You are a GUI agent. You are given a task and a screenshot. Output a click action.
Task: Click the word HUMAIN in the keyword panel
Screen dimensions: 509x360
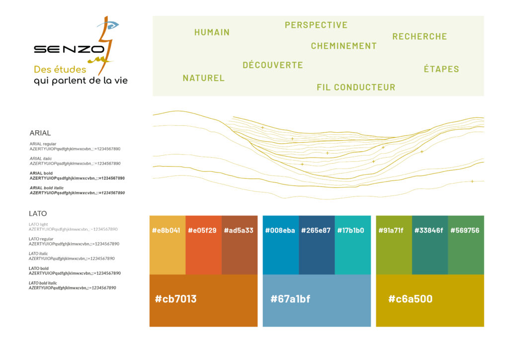pyautogui.click(x=212, y=32)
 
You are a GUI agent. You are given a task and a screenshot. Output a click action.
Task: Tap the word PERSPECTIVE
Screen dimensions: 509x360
pyautogui.click(x=316, y=25)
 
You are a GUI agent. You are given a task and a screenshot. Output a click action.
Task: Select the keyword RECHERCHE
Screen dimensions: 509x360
pyautogui.click(x=420, y=36)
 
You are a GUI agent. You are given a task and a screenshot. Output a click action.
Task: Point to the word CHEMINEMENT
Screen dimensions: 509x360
pyautogui.click(x=344, y=46)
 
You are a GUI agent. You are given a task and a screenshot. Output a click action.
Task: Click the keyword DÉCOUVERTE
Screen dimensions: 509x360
pyautogui.click(x=273, y=65)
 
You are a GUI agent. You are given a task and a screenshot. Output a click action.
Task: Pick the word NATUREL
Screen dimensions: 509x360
pyautogui.click(x=203, y=78)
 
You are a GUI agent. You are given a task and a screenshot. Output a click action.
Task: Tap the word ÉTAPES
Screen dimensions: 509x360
pyautogui.click(x=441, y=69)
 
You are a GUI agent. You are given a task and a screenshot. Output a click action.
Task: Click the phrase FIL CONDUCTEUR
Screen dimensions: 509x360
pyautogui.click(x=356, y=87)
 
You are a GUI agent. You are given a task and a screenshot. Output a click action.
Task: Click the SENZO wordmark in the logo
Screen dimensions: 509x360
pyautogui.click(x=69, y=49)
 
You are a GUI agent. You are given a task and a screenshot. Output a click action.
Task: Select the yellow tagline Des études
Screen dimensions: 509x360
pyautogui.click(x=60, y=69)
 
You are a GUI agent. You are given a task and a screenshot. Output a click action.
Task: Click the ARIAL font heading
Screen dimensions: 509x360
pyautogui.click(x=40, y=133)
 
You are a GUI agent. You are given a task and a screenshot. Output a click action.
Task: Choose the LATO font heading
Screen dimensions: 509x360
pyautogui.click(x=38, y=213)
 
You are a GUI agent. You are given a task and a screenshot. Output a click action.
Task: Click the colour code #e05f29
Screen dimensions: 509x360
pyautogui.click(x=202, y=230)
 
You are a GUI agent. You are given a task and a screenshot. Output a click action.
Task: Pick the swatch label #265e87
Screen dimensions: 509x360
pyautogui.click(x=316, y=230)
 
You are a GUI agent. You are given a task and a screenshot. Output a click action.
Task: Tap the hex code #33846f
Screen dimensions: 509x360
pyautogui.click(x=429, y=230)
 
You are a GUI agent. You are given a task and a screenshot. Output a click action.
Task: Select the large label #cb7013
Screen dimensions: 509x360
pyautogui.click(x=175, y=299)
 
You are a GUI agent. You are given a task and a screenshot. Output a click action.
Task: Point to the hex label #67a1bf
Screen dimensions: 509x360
pyautogui.click(x=290, y=299)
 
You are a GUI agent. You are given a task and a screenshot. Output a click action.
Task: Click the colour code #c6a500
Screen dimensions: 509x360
pyautogui.click(x=410, y=299)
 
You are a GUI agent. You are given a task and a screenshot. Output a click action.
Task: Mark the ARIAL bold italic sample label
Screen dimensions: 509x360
pyautogui.click(x=47, y=187)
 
